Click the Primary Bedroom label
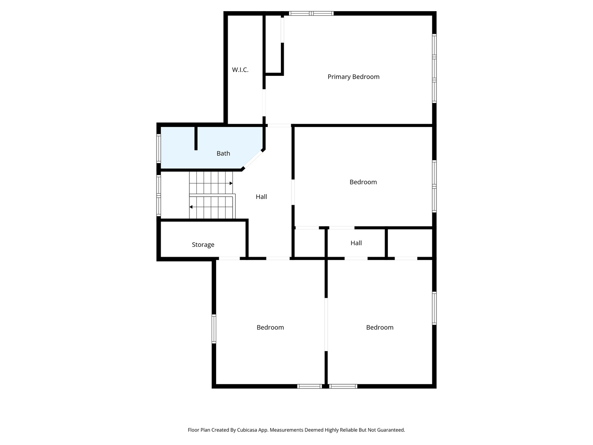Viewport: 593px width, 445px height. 353,77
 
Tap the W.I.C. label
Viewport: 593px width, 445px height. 240,70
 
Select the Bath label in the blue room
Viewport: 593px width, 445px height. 224,153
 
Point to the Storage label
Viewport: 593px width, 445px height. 203,245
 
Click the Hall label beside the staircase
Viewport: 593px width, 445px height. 261,197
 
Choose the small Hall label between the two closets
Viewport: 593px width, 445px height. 356,243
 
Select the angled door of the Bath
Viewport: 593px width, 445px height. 253,160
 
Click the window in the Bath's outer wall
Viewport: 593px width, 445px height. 159,148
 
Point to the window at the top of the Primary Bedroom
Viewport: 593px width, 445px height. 311,13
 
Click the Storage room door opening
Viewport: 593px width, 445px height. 229,259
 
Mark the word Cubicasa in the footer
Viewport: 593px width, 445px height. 247,430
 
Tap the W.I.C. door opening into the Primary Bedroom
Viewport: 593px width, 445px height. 264,103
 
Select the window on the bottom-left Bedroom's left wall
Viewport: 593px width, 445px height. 214,329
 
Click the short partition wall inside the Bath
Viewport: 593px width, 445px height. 196,138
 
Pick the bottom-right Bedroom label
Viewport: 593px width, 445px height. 380,328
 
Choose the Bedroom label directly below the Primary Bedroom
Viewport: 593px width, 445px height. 363,182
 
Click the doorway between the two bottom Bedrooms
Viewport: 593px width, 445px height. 326,325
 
